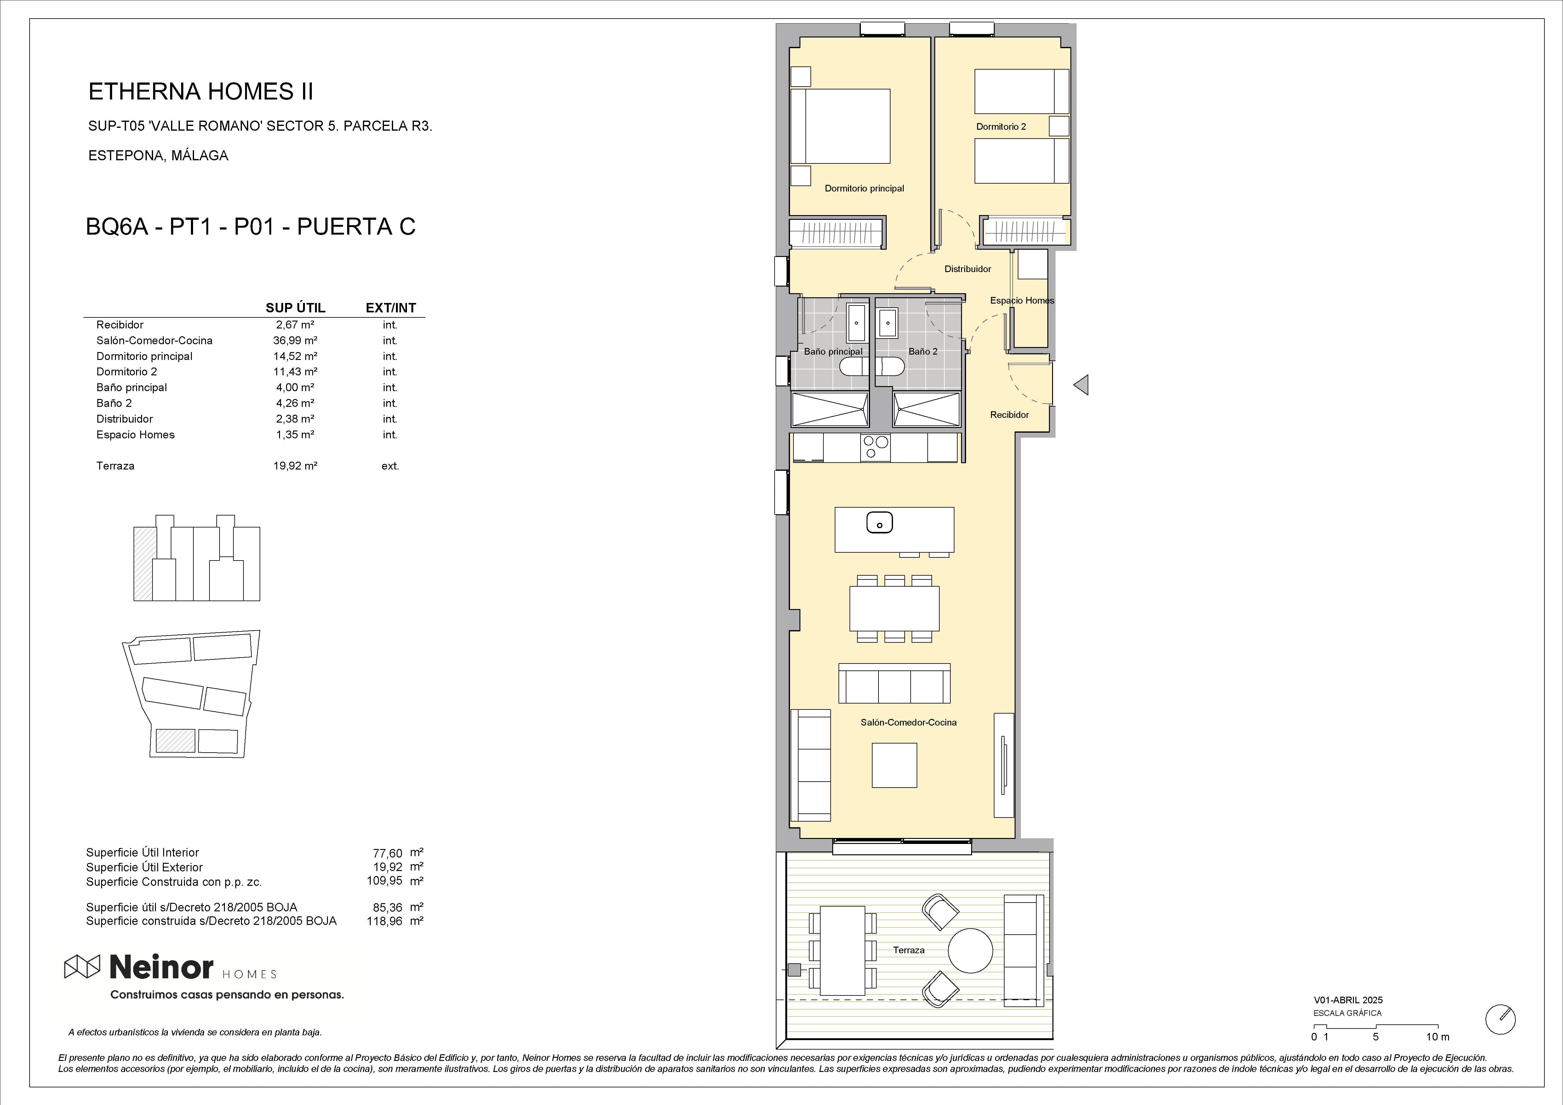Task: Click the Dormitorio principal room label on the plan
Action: tap(864, 189)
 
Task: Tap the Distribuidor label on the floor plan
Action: tap(967, 269)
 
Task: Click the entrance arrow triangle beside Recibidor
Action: tap(1081, 385)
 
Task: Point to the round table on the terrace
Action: tap(970, 951)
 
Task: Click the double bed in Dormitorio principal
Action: tap(841, 127)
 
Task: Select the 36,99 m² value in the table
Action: tap(295, 340)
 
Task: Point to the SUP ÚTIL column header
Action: tap(295, 308)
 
